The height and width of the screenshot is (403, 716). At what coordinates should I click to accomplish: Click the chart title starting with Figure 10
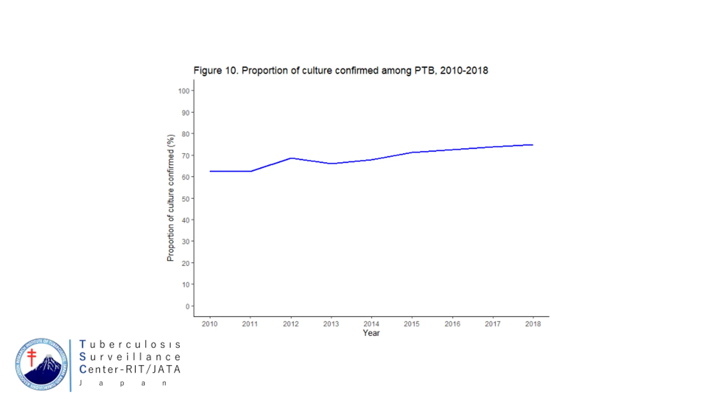click(340, 71)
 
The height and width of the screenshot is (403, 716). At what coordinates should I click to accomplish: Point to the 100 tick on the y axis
click(184, 91)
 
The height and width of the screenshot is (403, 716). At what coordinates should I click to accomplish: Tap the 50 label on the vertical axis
click(185, 199)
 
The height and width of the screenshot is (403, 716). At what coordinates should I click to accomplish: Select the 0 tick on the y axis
click(187, 306)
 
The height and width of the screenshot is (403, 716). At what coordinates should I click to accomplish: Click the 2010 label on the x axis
click(209, 324)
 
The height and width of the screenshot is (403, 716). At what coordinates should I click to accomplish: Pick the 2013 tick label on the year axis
click(331, 324)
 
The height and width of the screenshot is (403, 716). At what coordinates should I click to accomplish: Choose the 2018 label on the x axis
click(533, 324)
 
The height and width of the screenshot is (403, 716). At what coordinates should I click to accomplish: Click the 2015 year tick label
click(411, 324)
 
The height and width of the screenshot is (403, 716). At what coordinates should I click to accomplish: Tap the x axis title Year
click(371, 333)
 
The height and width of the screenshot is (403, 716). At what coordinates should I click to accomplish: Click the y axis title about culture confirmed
click(171, 198)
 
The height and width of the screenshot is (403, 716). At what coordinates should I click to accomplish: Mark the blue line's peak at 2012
click(291, 158)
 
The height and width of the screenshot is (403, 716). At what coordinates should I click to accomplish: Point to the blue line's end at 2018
click(533, 145)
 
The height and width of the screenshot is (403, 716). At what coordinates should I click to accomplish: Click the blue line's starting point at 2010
click(210, 171)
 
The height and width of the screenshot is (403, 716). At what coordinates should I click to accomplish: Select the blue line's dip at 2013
click(331, 163)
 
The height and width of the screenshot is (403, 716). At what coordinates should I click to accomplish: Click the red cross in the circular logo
click(32, 357)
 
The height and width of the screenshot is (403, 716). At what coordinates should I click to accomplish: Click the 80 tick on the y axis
click(185, 134)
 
